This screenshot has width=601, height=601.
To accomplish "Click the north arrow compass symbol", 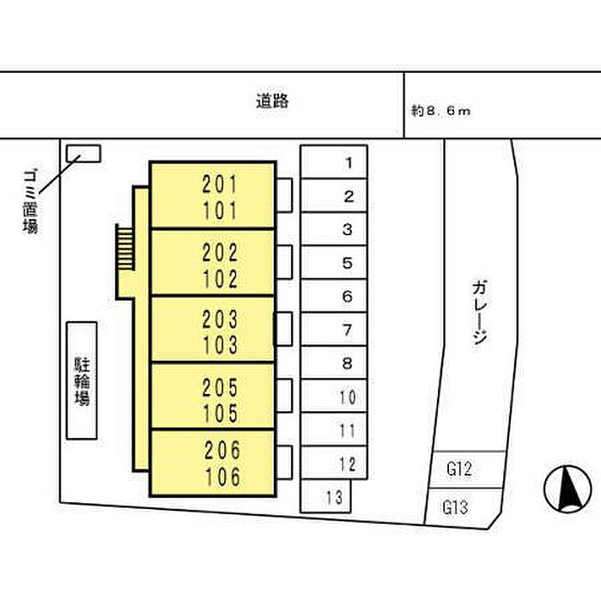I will point(568,489).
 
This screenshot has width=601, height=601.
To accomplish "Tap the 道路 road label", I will point(271,101).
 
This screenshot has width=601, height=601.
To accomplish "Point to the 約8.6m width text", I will point(441,111).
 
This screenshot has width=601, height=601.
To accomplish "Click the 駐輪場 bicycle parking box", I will point(82,381).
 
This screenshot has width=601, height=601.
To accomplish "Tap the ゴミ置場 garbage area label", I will point(30,202).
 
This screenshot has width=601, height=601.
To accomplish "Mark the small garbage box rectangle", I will point(83,153).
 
